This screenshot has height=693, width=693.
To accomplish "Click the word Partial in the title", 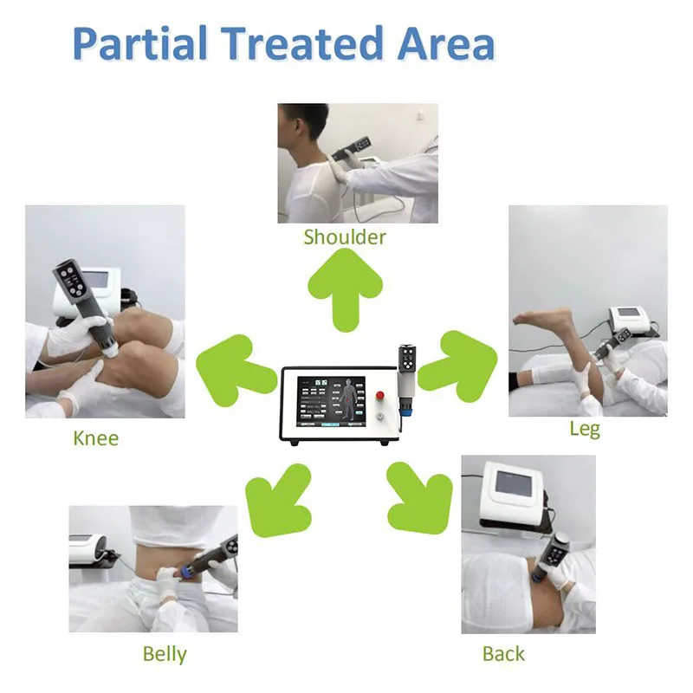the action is coord(139,43).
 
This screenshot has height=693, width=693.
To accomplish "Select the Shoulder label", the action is coord(345,236).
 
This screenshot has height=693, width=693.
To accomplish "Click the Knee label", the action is coord(96,438).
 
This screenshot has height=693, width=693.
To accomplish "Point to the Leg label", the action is coord(585,429).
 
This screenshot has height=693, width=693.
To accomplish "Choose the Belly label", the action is coord(165,654).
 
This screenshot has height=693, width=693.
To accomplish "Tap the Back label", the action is coord(503,654).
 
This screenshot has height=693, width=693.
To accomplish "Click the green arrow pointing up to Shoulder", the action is coord(345,289).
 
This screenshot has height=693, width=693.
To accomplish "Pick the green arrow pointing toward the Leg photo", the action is coord(458,366).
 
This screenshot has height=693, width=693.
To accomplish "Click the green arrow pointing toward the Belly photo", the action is coord(278,500).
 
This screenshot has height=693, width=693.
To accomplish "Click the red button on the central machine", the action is coord(380,395).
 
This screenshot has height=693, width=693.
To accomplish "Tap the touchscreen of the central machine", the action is coord(332,402).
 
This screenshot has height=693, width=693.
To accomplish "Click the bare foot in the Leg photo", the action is coord(543,321).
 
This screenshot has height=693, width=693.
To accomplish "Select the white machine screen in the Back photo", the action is coord(513,483).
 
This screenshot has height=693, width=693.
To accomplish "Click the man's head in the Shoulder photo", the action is coord(301,131).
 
